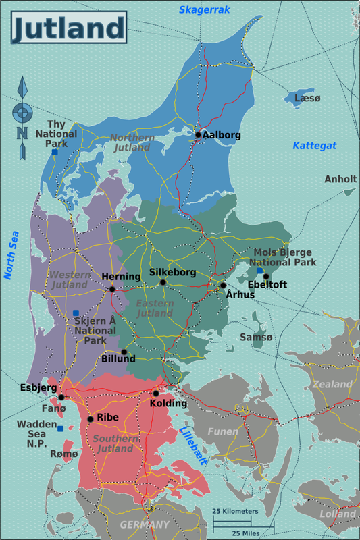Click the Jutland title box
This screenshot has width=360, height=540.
coord(68,28)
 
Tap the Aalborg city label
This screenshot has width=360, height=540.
coord(222,135)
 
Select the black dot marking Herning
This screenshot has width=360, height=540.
coord(112,289)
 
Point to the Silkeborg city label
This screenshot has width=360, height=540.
coord(172,273)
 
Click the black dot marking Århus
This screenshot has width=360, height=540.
coord(223,286)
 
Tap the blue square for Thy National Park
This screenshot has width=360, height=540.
coord(55,153)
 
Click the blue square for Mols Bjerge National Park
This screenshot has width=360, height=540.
coord(259,271)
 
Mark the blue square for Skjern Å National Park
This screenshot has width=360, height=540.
coord(76,313)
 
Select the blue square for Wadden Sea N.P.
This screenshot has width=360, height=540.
coord(61,429)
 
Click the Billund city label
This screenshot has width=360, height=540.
coord(118,359)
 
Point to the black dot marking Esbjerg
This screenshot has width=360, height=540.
coord(61,397)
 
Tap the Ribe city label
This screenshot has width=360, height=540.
coord(107,417)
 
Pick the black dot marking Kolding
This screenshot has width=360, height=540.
coord(155,394)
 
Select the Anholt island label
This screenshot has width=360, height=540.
coord(340,179)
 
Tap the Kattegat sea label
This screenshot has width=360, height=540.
coord(314,146)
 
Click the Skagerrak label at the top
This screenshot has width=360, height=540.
coord(202,9)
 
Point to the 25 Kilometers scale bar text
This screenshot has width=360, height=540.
coord(235,512)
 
